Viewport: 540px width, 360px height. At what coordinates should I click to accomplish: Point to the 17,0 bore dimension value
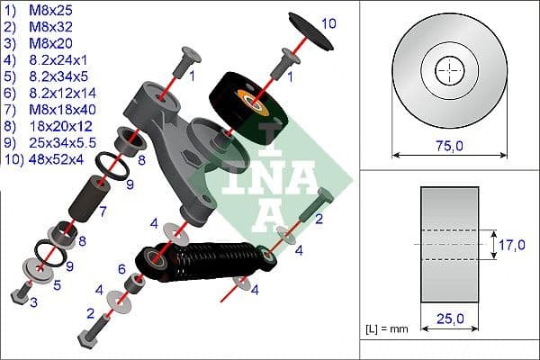tap(512, 243)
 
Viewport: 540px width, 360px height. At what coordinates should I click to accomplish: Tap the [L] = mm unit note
tap(386, 329)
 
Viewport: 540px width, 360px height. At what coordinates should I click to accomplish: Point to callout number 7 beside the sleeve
tap(104, 212)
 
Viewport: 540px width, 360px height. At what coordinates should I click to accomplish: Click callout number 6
tap(122, 268)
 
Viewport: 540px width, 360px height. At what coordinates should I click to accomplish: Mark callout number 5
tap(58, 285)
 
